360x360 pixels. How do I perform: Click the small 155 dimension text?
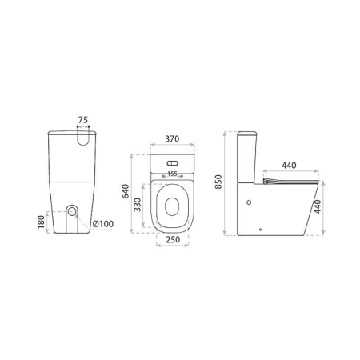tap(171, 173)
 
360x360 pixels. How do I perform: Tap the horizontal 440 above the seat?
tap(290, 166)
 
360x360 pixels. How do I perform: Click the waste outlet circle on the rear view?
tap(74, 212)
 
